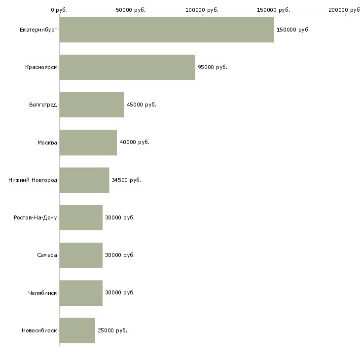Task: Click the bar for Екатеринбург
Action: point(167,30)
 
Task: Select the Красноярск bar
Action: point(127,67)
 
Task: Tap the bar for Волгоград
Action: point(92,105)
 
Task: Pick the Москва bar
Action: point(88,143)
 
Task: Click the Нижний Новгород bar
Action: point(84,180)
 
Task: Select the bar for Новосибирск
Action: point(77,330)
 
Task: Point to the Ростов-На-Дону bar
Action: point(81,217)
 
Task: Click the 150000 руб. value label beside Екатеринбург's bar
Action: point(293,30)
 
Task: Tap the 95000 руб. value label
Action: point(213,67)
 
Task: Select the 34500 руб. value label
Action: point(126,180)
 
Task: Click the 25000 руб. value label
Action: point(112,330)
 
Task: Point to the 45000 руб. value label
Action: point(141,105)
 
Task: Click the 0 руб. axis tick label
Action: point(59,10)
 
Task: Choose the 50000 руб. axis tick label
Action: point(131,10)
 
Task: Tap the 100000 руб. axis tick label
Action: point(202,10)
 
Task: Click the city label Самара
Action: point(47,255)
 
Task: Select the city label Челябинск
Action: point(42,293)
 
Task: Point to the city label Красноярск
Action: point(41,67)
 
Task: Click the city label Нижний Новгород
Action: point(33,180)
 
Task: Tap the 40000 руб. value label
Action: point(134,143)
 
